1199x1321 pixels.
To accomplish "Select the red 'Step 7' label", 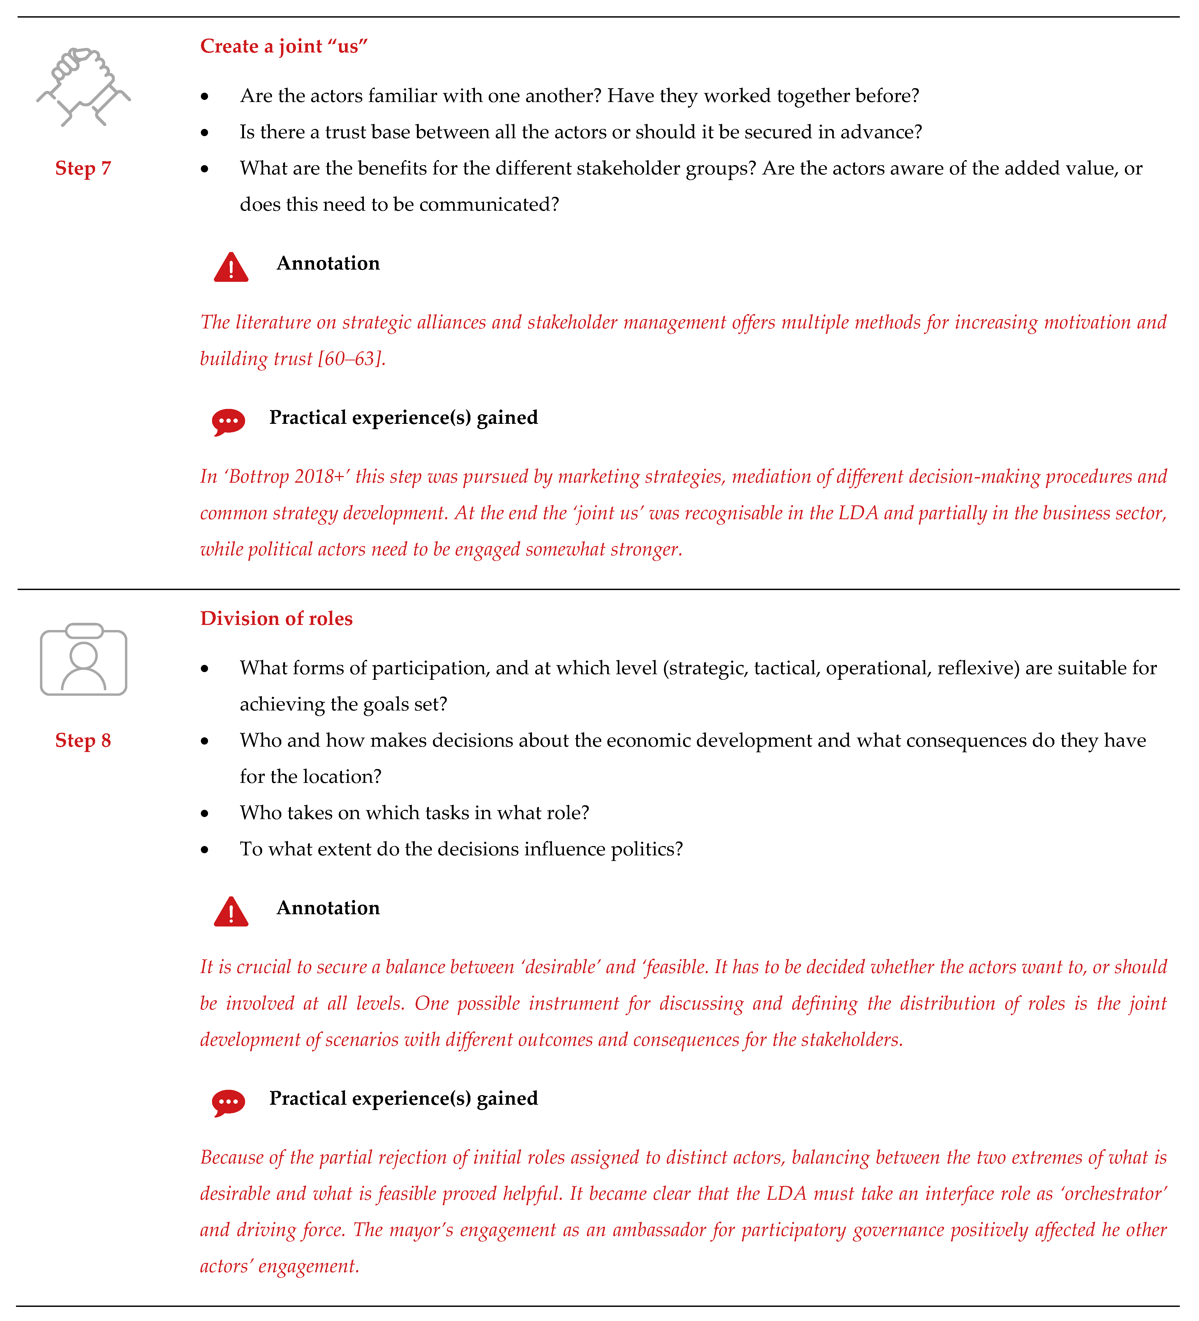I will pos(83,168).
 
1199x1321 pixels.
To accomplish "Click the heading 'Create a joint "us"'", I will pos(284,47).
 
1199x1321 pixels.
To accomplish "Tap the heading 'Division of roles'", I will pos(276,619).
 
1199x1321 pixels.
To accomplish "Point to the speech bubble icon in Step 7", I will pos(228,421).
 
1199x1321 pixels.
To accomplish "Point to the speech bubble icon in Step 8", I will pos(228,1102).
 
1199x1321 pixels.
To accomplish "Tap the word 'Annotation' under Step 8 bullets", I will pos(328,908).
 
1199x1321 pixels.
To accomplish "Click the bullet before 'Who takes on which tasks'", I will pos(205,814).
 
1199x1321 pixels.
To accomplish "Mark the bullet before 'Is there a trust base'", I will pos(205,133).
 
